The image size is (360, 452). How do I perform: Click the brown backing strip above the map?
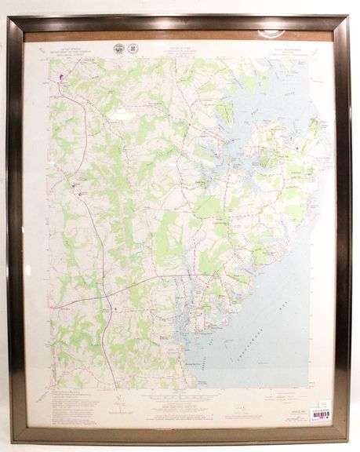180,35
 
